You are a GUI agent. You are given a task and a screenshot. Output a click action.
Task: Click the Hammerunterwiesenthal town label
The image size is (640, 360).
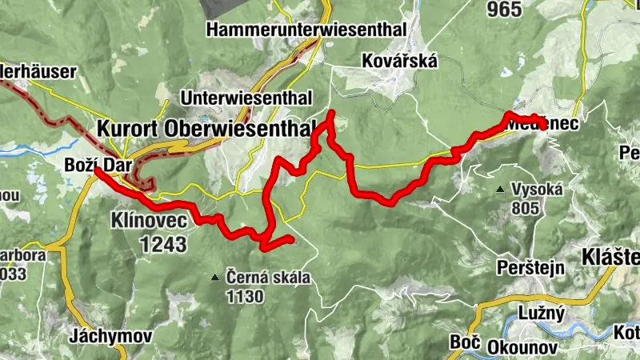306,30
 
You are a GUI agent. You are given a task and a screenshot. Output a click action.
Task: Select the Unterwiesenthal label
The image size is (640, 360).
246,98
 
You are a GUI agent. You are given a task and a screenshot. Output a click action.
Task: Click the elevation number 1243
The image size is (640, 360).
162,243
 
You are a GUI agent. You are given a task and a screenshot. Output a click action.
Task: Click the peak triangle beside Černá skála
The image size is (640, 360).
214,278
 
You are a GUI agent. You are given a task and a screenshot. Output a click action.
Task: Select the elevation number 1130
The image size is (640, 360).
244,298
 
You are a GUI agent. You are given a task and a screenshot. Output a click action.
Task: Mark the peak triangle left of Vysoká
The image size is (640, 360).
501,190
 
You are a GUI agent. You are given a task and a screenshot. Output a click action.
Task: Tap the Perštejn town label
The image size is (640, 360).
530,266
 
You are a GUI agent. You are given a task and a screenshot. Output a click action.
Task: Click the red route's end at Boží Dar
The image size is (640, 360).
96,170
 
